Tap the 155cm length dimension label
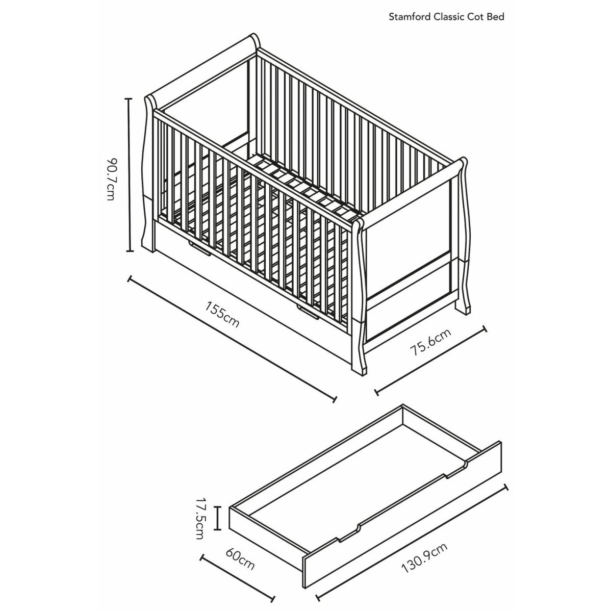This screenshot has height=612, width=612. (222, 315)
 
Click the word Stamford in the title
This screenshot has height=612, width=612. (410, 17)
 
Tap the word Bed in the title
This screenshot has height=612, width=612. (495, 17)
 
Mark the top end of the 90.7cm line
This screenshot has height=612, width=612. (129, 99)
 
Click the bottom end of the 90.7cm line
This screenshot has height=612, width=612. (130, 251)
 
